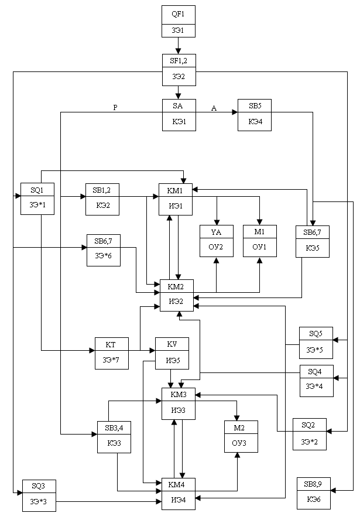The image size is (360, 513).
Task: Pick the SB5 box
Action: [x=254, y=115]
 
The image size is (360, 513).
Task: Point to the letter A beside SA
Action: [x=214, y=107]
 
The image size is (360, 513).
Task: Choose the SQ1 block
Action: [x=37, y=198]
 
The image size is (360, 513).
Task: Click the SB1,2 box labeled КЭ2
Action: [x=102, y=198]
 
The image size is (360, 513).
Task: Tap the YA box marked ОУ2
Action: [x=216, y=240]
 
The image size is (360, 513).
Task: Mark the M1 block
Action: [x=260, y=240]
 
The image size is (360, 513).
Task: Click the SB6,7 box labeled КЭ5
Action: [x=312, y=240]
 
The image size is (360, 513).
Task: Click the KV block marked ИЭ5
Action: [x=172, y=352]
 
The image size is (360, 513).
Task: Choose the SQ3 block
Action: [x=39, y=494]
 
